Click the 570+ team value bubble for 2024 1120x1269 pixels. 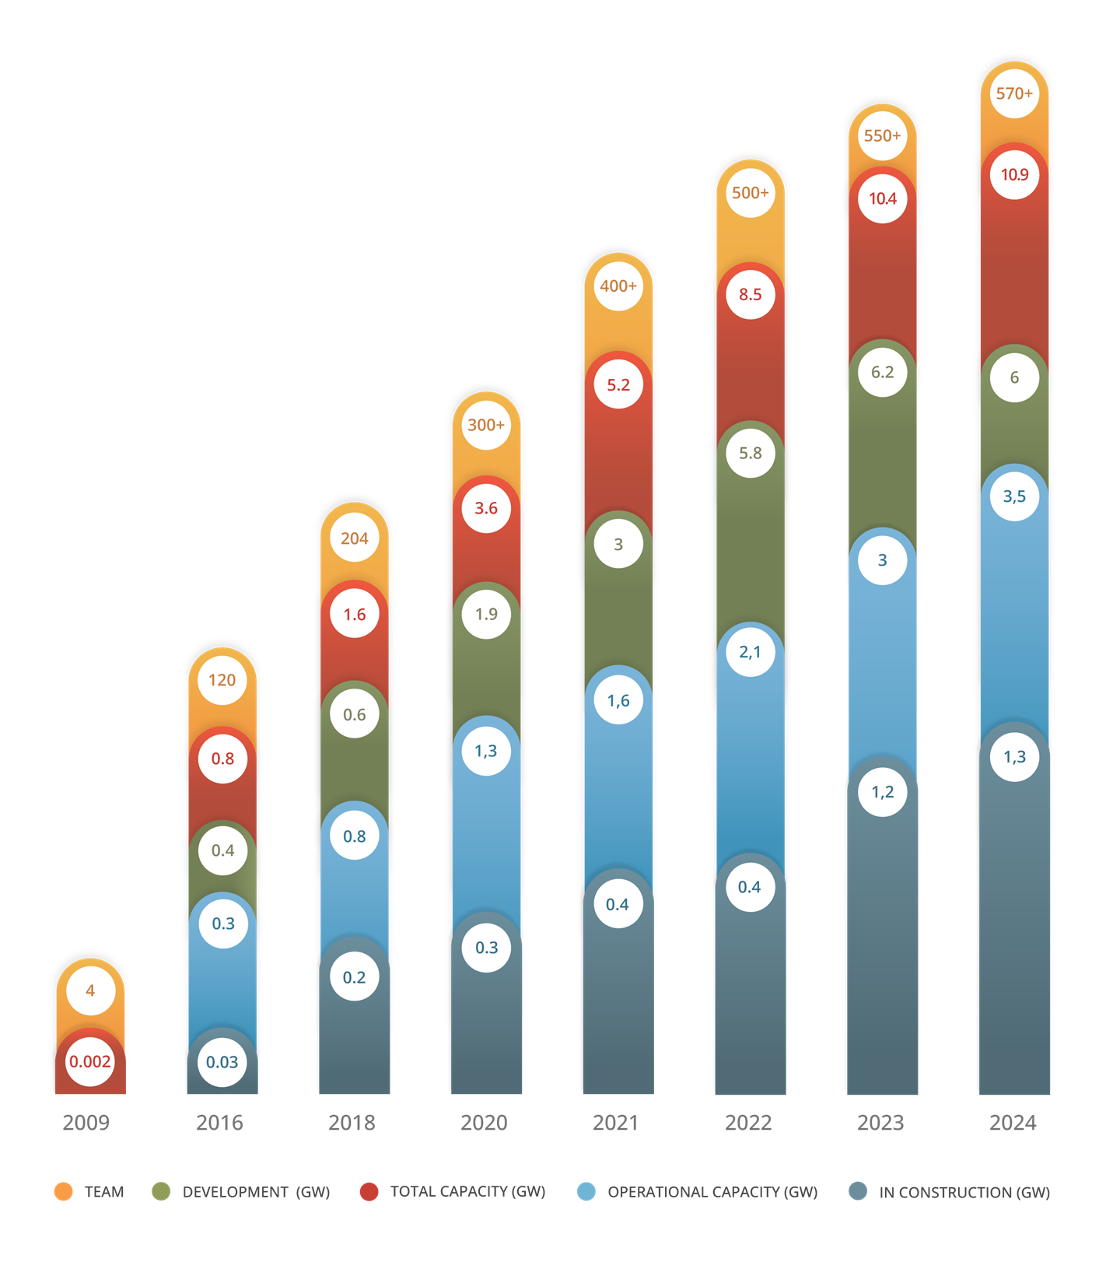[1014, 94]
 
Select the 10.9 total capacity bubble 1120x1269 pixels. [1014, 175]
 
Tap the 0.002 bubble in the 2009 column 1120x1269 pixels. [90, 1062]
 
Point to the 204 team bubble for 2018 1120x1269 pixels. [355, 538]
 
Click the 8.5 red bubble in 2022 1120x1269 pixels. [751, 295]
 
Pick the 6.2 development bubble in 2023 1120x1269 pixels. [882, 373]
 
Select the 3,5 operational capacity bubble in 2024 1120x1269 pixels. [1014, 496]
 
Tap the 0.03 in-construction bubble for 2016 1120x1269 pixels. [222, 1062]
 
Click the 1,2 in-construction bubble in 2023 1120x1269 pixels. [882, 792]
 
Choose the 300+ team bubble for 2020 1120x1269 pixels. [486, 426]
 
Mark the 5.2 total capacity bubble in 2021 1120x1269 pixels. [618, 385]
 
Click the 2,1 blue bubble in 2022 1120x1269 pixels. [751, 652]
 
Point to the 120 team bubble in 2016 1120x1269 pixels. [222, 680]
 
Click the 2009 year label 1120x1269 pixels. [86, 1123]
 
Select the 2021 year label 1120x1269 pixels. [615, 1123]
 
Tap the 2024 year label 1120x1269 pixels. [1013, 1123]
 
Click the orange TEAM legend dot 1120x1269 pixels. [64, 1192]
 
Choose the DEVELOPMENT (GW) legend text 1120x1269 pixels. [256, 1192]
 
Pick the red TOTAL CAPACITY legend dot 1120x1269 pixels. [369, 1192]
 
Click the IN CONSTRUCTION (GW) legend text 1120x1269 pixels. [964, 1192]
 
